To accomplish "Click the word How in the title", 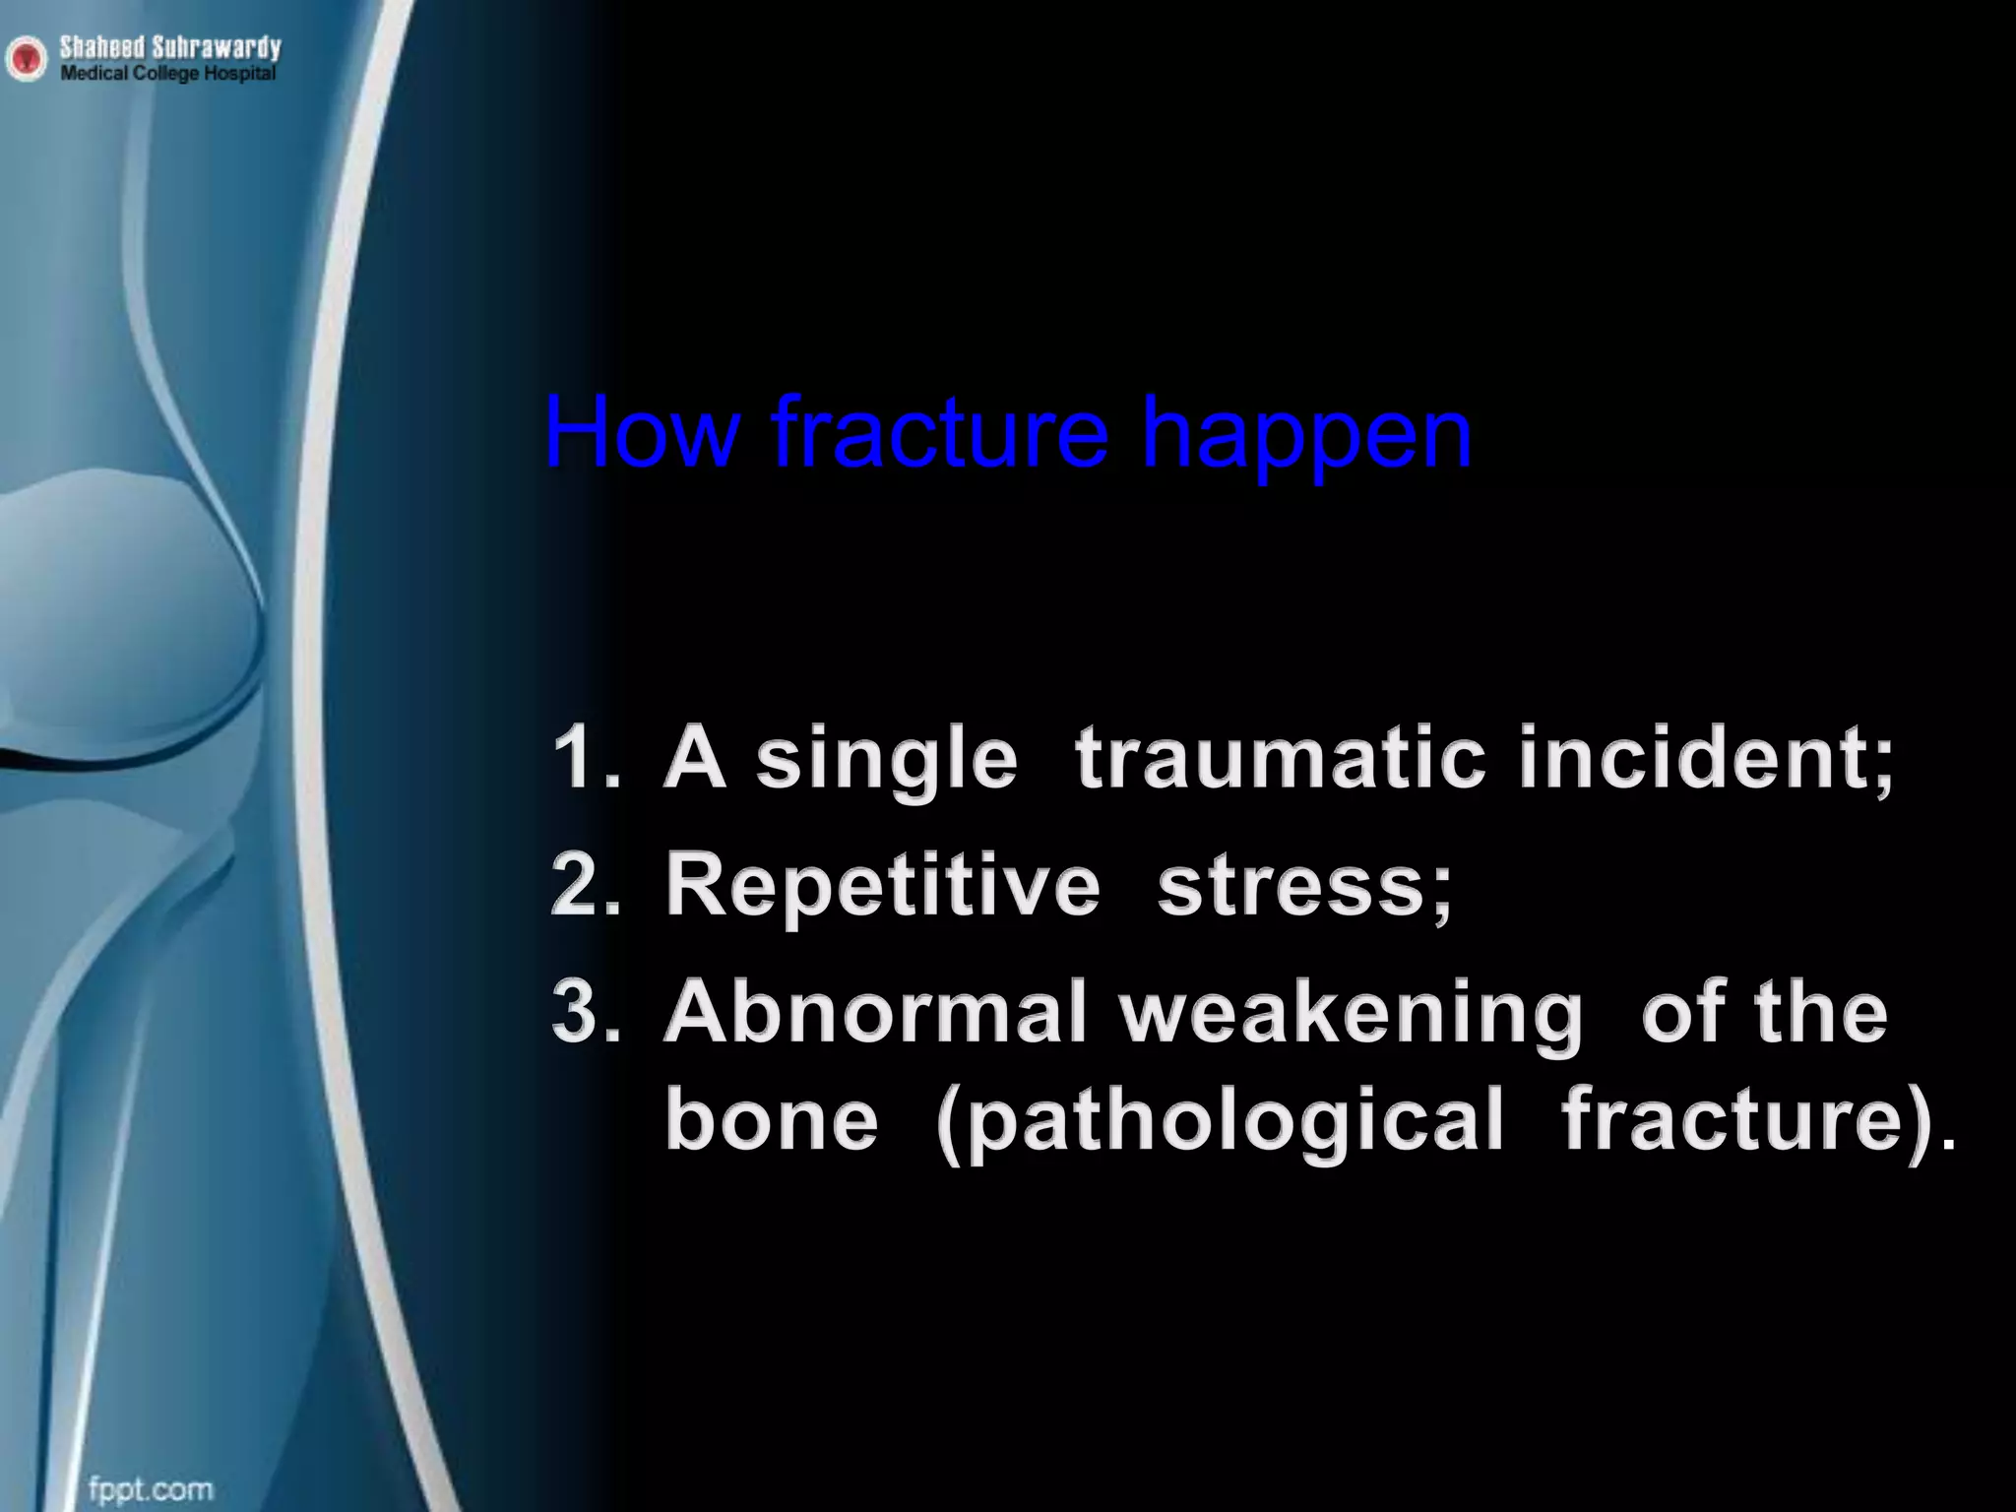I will click(640, 433).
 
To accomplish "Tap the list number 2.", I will click(587, 886).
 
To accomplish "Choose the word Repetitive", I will click(882, 888).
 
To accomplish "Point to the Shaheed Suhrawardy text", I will click(169, 46).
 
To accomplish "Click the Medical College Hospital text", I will click(167, 74).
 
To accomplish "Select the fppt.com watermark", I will click(150, 1460).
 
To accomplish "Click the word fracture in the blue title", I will click(940, 433).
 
